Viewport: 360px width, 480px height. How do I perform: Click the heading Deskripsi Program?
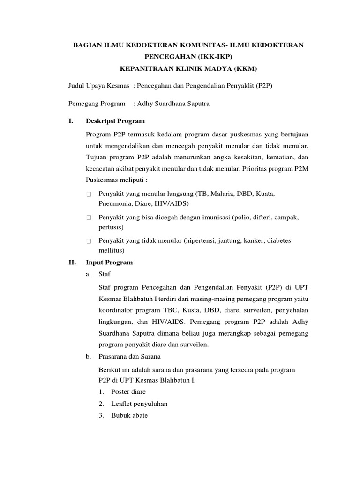coord(115,121)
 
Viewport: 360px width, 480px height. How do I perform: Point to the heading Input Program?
coord(109,262)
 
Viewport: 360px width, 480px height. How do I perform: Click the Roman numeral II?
coord(72,262)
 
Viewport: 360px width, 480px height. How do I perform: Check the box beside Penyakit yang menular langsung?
coord(88,194)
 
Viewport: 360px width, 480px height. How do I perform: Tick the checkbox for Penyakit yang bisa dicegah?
coord(88,218)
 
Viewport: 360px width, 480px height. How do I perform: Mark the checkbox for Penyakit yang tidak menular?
coord(88,241)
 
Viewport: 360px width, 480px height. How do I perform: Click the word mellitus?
coord(110,251)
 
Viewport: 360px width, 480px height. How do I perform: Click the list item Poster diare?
coord(128,391)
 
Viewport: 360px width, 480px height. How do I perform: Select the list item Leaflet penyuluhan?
coord(139,404)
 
